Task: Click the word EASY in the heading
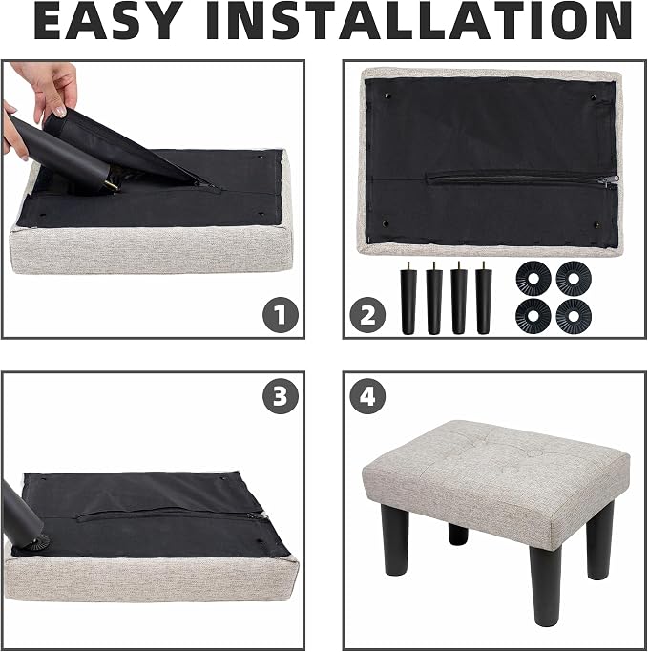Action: coord(108,21)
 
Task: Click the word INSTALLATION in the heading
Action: coord(419,21)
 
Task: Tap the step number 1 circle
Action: coord(281,315)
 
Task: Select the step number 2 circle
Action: coord(367,315)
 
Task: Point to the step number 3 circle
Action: coord(281,395)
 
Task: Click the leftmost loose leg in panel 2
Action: coord(408,299)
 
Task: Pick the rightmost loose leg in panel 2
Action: coord(484,299)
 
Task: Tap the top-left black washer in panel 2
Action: coord(533,279)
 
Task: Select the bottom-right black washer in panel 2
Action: coord(574,316)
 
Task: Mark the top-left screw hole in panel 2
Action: coord(387,96)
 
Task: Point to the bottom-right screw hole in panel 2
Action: coord(597,225)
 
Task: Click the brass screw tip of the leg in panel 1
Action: coord(112,187)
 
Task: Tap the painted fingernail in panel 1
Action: coord(61,111)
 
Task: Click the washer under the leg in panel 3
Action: coord(36,542)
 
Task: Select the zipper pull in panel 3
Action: coord(257,516)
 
